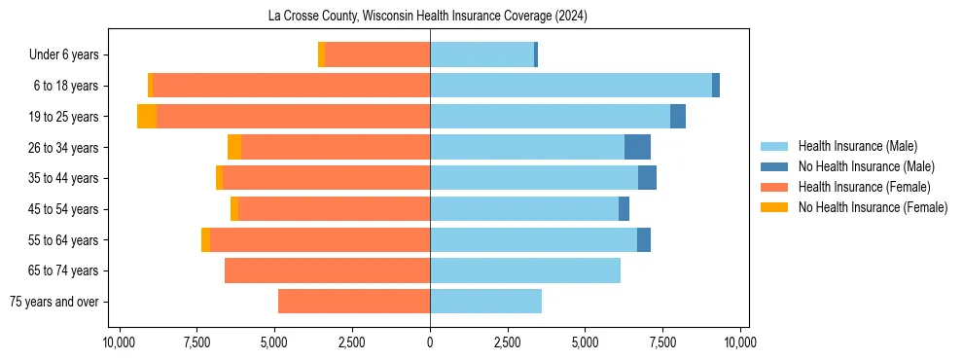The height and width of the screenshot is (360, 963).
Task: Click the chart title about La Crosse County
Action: pyautogui.click(x=428, y=17)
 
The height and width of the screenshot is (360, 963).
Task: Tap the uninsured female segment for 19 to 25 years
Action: pyautogui.click(x=147, y=117)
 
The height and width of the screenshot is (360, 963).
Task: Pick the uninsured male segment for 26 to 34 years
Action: pyautogui.click(x=637, y=147)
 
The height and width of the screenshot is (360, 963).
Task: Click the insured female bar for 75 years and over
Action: pyautogui.click(x=354, y=302)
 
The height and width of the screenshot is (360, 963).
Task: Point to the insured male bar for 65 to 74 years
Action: pyautogui.click(x=525, y=270)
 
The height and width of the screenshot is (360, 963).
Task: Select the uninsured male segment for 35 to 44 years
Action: pyautogui.click(x=647, y=178)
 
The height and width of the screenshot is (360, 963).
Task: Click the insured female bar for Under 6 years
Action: pyautogui.click(x=377, y=54)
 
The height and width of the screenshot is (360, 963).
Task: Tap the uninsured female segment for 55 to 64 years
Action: pyautogui.click(x=205, y=239)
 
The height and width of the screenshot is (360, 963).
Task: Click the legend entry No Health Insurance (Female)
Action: pyautogui.click(x=873, y=207)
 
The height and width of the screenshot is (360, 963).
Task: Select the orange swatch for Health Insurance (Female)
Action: pyautogui.click(x=774, y=187)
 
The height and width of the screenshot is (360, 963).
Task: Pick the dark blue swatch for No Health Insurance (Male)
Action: pyautogui.click(x=774, y=166)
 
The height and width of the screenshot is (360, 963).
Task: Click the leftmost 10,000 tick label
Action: pyautogui.click(x=119, y=342)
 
